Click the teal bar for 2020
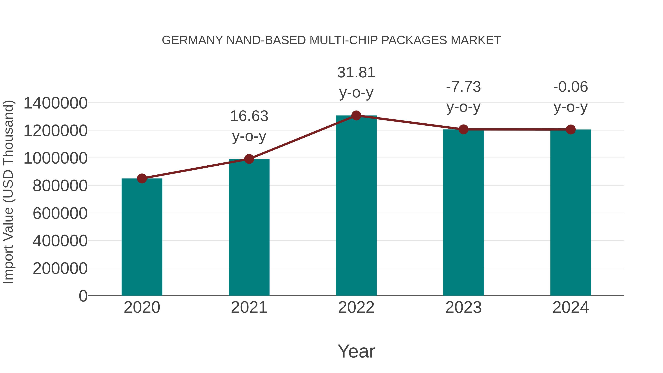tap(142, 237)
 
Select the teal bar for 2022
tap(356, 206)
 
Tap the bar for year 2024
tap(571, 212)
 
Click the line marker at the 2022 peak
tap(356, 115)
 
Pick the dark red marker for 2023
tap(463, 129)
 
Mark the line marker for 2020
tap(142, 178)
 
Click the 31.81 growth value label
tap(356, 73)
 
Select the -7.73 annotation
tap(463, 87)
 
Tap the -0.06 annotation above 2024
tap(571, 87)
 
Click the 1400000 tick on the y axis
tap(55, 103)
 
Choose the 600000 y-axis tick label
tap(60, 213)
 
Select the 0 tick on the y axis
tap(83, 296)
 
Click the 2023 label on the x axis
tap(463, 307)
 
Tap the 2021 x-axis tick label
tap(249, 307)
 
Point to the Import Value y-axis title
tap(8, 192)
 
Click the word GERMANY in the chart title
tap(192, 40)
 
